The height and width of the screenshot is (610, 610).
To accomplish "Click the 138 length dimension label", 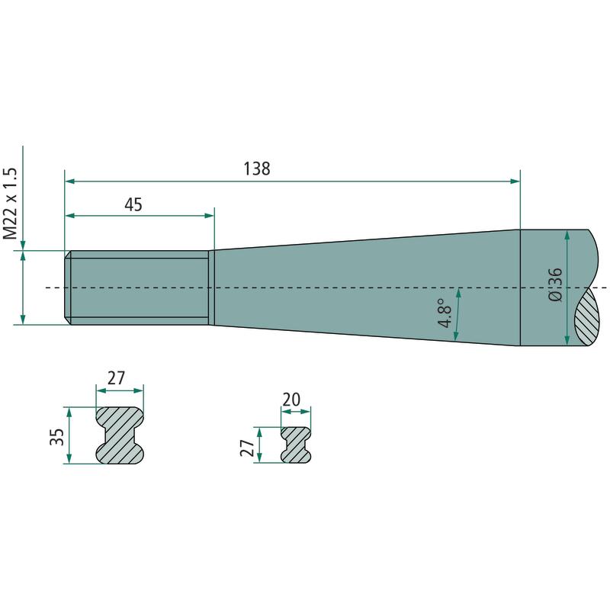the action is point(257,169).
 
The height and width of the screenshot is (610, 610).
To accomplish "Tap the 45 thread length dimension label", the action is point(133,204).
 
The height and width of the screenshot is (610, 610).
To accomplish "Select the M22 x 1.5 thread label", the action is point(11,204).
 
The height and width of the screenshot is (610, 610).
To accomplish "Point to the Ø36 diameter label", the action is point(555,284).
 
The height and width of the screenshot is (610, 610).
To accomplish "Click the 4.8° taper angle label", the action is point(445,313).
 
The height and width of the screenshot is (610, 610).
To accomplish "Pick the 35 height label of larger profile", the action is point(56,436).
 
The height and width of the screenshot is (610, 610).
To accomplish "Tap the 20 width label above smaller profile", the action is point(291,399).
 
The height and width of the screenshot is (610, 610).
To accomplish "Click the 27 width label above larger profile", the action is point(116,377).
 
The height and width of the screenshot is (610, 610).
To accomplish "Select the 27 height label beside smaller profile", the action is point(247,448).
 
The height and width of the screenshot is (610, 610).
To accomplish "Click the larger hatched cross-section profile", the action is point(120,435).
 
